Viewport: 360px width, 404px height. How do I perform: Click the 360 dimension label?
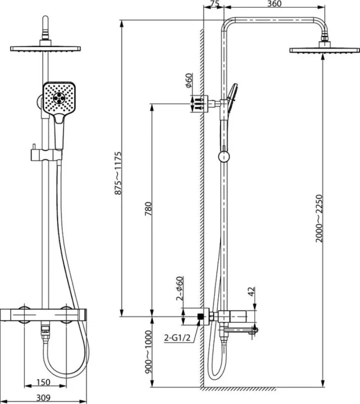274,3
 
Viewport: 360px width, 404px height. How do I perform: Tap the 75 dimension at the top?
214,3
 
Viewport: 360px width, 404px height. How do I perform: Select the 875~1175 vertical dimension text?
118,173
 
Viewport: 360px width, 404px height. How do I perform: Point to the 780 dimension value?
148,209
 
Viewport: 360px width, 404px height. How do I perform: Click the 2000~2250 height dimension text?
319,218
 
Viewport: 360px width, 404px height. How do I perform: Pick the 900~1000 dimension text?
148,352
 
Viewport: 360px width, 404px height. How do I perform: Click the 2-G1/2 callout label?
177,337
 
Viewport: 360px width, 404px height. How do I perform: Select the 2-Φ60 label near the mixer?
180,288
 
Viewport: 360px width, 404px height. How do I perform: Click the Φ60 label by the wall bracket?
189,80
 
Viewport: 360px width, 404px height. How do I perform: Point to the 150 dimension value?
43,382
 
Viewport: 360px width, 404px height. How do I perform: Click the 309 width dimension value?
43,398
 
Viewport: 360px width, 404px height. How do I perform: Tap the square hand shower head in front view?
59,97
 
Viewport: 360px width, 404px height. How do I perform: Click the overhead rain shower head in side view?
325,50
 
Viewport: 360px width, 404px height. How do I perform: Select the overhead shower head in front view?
45,48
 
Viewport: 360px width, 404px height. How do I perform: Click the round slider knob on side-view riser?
224,157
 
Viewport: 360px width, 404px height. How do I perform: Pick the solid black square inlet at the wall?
200,317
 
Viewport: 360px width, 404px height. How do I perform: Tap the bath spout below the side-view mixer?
238,330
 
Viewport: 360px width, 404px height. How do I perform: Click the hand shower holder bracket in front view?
46,155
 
